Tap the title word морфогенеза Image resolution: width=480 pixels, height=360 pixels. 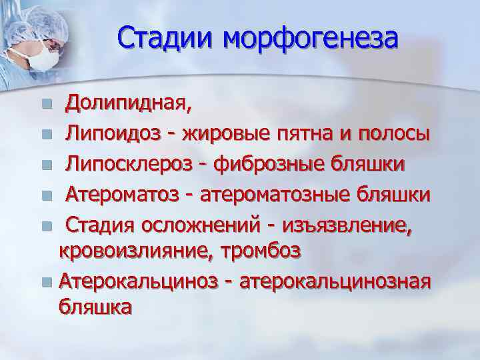point(310,38)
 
